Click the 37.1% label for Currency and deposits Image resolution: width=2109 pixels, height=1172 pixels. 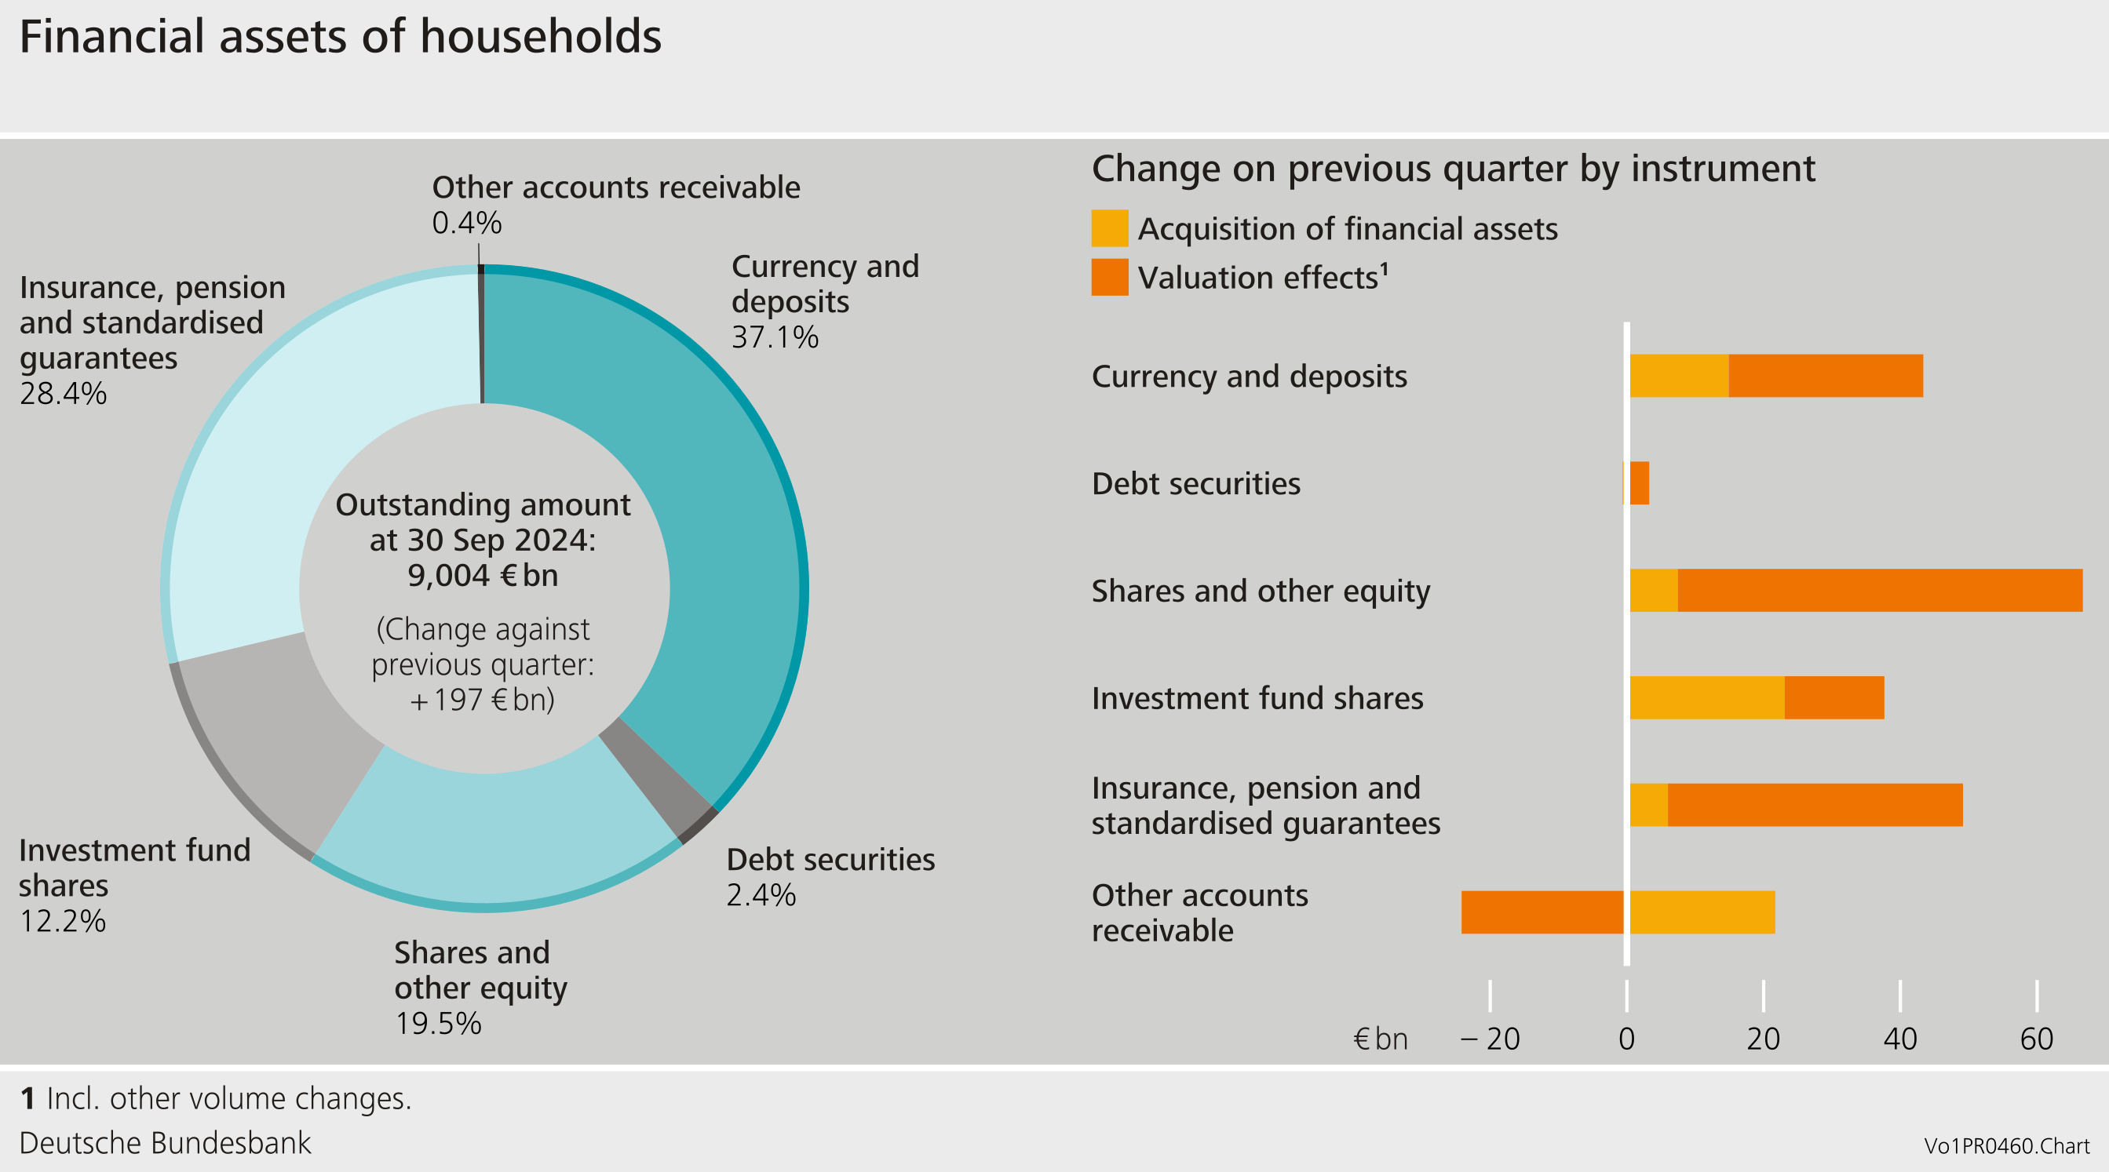click(775, 337)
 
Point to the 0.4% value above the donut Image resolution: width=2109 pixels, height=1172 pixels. click(467, 223)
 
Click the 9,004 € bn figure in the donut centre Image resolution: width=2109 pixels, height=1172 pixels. click(483, 575)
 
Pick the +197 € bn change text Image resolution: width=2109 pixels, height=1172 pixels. click(483, 700)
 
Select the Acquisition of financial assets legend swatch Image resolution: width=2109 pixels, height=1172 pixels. click(1109, 228)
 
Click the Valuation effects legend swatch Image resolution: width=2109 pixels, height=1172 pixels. click(1109, 278)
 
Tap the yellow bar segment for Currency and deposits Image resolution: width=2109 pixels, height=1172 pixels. click(1678, 376)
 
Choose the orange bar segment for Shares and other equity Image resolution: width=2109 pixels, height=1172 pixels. click(1879, 590)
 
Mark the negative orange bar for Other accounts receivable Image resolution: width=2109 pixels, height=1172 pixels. click(1542, 912)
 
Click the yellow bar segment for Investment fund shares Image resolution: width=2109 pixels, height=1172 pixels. click(1706, 697)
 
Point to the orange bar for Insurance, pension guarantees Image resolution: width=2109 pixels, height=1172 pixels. click(1814, 805)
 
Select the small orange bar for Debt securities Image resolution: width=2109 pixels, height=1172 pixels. click(1639, 483)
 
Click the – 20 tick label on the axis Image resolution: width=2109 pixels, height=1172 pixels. click(1490, 1039)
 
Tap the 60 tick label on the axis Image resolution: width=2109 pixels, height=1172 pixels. click(2036, 1039)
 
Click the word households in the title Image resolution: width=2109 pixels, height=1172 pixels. click(540, 37)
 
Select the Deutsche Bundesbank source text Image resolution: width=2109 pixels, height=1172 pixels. click(166, 1142)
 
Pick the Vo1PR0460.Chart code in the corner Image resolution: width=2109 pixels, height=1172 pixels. click(2006, 1146)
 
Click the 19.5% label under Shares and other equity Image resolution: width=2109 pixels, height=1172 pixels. click(438, 1024)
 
